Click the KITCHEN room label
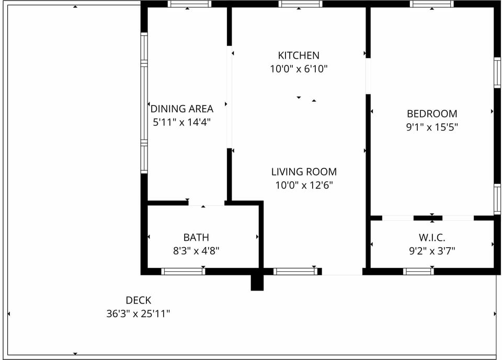point(299,55)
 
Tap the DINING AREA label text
point(182,109)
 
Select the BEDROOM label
point(432,113)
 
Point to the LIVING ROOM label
point(304,172)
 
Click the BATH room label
point(196,237)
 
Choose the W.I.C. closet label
point(432,237)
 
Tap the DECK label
point(138,300)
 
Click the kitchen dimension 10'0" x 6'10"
point(299,69)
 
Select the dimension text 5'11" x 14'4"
point(181,122)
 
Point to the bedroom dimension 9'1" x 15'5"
point(432,127)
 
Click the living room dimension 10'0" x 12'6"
point(304,185)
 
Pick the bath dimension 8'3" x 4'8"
point(196,251)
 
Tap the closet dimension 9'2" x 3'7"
point(432,251)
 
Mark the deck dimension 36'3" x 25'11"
point(138,313)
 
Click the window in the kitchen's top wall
point(300,4)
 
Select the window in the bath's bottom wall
point(183,272)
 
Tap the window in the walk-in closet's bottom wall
point(418,272)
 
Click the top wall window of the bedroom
point(431,4)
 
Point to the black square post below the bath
point(257,283)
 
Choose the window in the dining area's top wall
point(189,4)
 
